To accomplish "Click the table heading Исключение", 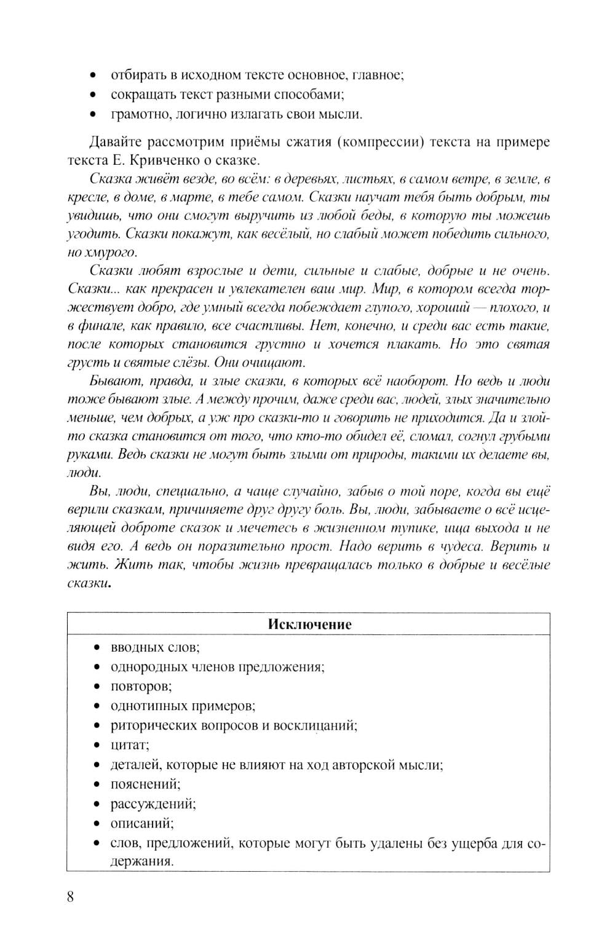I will click(309, 625).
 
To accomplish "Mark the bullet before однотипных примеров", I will click(97, 706).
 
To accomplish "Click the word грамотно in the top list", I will click(138, 114).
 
